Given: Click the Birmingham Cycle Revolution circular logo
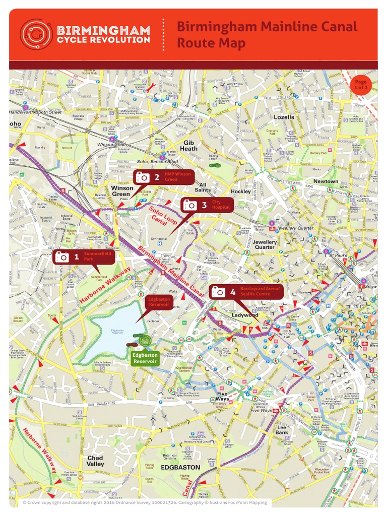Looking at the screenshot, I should pyautogui.click(x=36, y=34).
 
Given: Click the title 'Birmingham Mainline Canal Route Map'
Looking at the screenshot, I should pyautogui.click(x=267, y=35).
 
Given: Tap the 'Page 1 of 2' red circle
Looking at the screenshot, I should pyautogui.click(x=360, y=85).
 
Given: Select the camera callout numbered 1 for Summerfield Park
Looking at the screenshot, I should pyautogui.click(x=84, y=256).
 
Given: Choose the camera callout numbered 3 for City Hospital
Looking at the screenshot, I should pyautogui.click(x=207, y=205).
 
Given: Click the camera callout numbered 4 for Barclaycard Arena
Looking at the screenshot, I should pyautogui.click(x=246, y=292).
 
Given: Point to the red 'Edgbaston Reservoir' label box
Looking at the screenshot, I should pyautogui.click(x=160, y=302).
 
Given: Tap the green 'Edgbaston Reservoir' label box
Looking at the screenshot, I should pyautogui.click(x=145, y=358).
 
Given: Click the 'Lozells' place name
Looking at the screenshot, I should pyautogui.click(x=284, y=117).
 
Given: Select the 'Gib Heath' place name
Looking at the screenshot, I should pyautogui.click(x=189, y=146).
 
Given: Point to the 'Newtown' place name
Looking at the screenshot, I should pyautogui.click(x=326, y=181).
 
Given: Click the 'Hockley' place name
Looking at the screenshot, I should pyautogui.click(x=241, y=191).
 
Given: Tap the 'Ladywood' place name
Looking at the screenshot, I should pyautogui.click(x=244, y=315).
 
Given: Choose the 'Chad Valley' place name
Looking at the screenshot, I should pyautogui.click(x=95, y=461).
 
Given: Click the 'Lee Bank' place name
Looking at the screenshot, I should pyautogui.click(x=282, y=430).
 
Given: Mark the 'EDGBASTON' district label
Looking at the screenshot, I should pyautogui.click(x=180, y=467).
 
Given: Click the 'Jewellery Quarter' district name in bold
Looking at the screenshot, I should pyautogui.click(x=265, y=244).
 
